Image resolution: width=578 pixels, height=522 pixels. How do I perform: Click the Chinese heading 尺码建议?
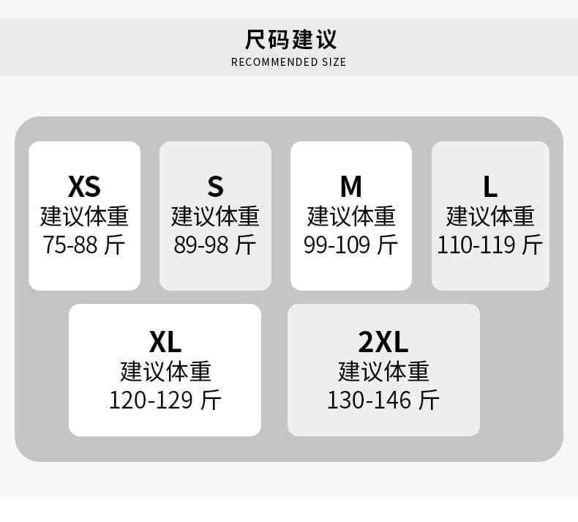290,39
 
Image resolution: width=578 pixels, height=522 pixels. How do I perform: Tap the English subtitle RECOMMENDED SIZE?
288,62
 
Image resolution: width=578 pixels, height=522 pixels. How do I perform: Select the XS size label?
84,186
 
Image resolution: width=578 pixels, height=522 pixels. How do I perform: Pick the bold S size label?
215,186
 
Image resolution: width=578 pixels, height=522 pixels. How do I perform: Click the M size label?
351,186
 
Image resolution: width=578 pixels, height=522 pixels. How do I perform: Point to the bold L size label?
490,186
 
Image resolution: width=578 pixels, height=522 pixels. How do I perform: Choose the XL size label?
165,342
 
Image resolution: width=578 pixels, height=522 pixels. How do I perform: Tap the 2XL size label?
383,342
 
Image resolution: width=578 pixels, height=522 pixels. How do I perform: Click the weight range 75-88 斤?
84,245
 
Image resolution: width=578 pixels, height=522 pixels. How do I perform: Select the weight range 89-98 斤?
215,245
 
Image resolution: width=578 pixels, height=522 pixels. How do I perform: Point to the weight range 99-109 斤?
351,245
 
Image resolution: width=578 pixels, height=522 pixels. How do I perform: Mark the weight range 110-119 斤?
490,245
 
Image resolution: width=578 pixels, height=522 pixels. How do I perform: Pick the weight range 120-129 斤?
165,400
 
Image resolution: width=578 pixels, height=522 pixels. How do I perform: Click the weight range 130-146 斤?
383,400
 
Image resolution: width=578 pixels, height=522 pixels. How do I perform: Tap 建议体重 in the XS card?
84,216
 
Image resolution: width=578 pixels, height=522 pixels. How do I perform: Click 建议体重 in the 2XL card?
383,371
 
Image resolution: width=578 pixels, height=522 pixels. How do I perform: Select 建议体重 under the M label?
351,216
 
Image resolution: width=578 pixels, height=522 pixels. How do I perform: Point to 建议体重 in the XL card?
165,371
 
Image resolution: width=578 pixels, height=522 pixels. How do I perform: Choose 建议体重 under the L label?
490,216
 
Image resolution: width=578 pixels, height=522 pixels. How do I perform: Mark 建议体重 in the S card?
215,216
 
